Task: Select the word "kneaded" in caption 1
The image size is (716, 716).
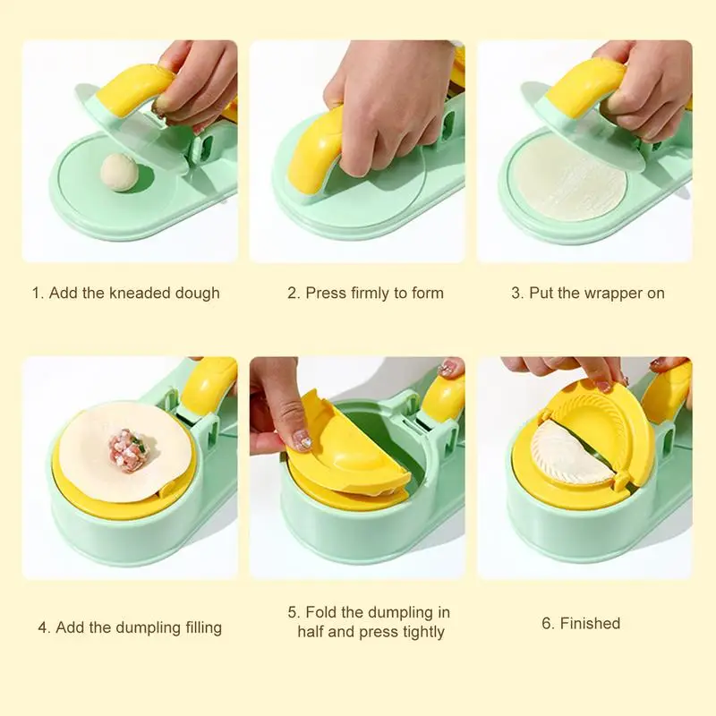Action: (x=141, y=293)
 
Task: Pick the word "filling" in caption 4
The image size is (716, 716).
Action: (x=200, y=627)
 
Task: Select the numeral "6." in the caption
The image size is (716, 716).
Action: (x=549, y=623)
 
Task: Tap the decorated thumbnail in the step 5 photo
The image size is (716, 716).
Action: (x=303, y=439)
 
